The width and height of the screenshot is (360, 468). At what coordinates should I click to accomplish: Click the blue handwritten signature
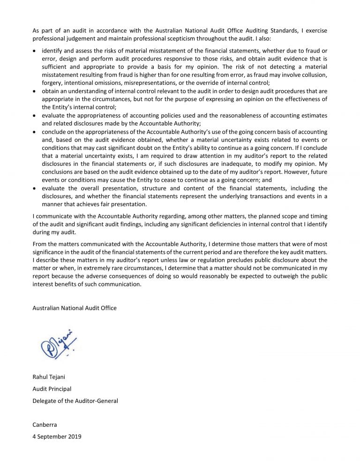coord(58,344)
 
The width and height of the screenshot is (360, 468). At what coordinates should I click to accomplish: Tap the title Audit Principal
coord(52,388)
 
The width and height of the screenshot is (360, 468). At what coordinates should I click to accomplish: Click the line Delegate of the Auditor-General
coord(75,401)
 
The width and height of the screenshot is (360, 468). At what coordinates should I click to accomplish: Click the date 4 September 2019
coord(57,437)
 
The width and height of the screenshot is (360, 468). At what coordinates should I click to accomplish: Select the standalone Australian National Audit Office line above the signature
coord(75,308)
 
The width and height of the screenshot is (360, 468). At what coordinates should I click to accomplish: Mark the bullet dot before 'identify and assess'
coord(35,51)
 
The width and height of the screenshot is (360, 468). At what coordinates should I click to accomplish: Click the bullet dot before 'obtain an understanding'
coord(35,91)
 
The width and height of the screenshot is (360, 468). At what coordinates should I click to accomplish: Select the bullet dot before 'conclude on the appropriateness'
coord(35,132)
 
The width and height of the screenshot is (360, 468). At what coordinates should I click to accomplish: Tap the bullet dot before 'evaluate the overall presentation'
coord(35,189)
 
